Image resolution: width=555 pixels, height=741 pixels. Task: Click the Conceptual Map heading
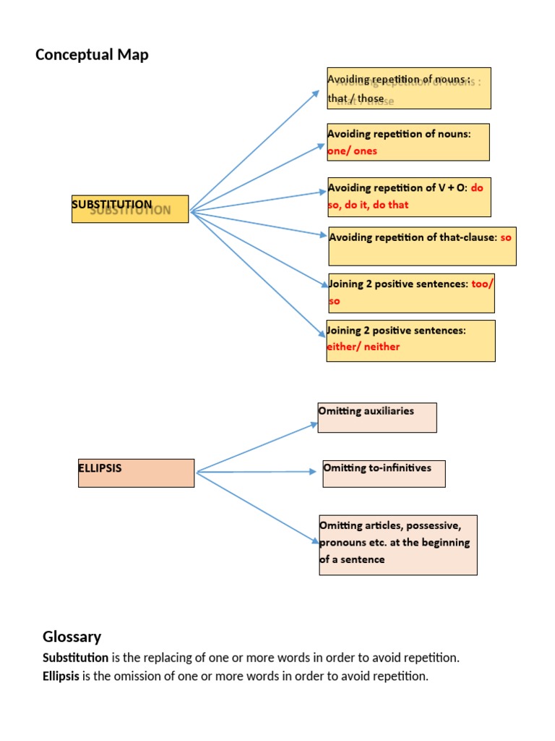pyautogui.click(x=92, y=55)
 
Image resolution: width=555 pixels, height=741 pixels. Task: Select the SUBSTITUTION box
pyautogui.click(x=130, y=208)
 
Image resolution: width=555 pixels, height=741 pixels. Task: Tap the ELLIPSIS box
pyautogui.click(x=136, y=473)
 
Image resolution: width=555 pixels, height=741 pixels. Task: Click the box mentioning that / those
pyautogui.click(x=408, y=88)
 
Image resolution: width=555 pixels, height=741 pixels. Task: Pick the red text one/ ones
pyautogui.click(x=352, y=151)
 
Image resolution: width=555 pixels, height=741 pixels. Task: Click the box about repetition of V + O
pyautogui.click(x=408, y=196)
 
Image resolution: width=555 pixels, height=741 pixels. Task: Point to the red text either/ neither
pyautogui.click(x=363, y=347)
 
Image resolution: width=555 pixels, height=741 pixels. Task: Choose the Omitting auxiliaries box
pyautogui.click(x=377, y=418)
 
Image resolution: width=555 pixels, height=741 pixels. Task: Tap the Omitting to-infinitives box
pyautogui.click(x=383, y=473)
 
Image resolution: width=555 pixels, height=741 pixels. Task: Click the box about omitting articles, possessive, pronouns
pyautogui.click(x=397, y=545)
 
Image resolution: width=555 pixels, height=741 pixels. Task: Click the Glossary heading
pyautogui.click(x=72, y=637)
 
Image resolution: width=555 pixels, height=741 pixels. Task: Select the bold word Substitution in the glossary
pyautogui.click(x=75, y=658)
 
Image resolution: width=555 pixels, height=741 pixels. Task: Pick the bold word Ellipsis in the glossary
pyautogui.click(x=61, y=677)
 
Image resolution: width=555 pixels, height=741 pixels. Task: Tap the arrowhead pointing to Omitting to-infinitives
pyautogui.click(x=313, y=472)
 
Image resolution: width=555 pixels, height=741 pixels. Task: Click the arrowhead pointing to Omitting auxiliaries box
pyautogui.click(x=314, y=424)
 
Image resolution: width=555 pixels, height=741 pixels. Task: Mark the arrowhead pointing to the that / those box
pyautogui.click(x=316, y=93)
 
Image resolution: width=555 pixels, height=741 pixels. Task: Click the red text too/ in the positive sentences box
pyautogui.click(x=482, y=284)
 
